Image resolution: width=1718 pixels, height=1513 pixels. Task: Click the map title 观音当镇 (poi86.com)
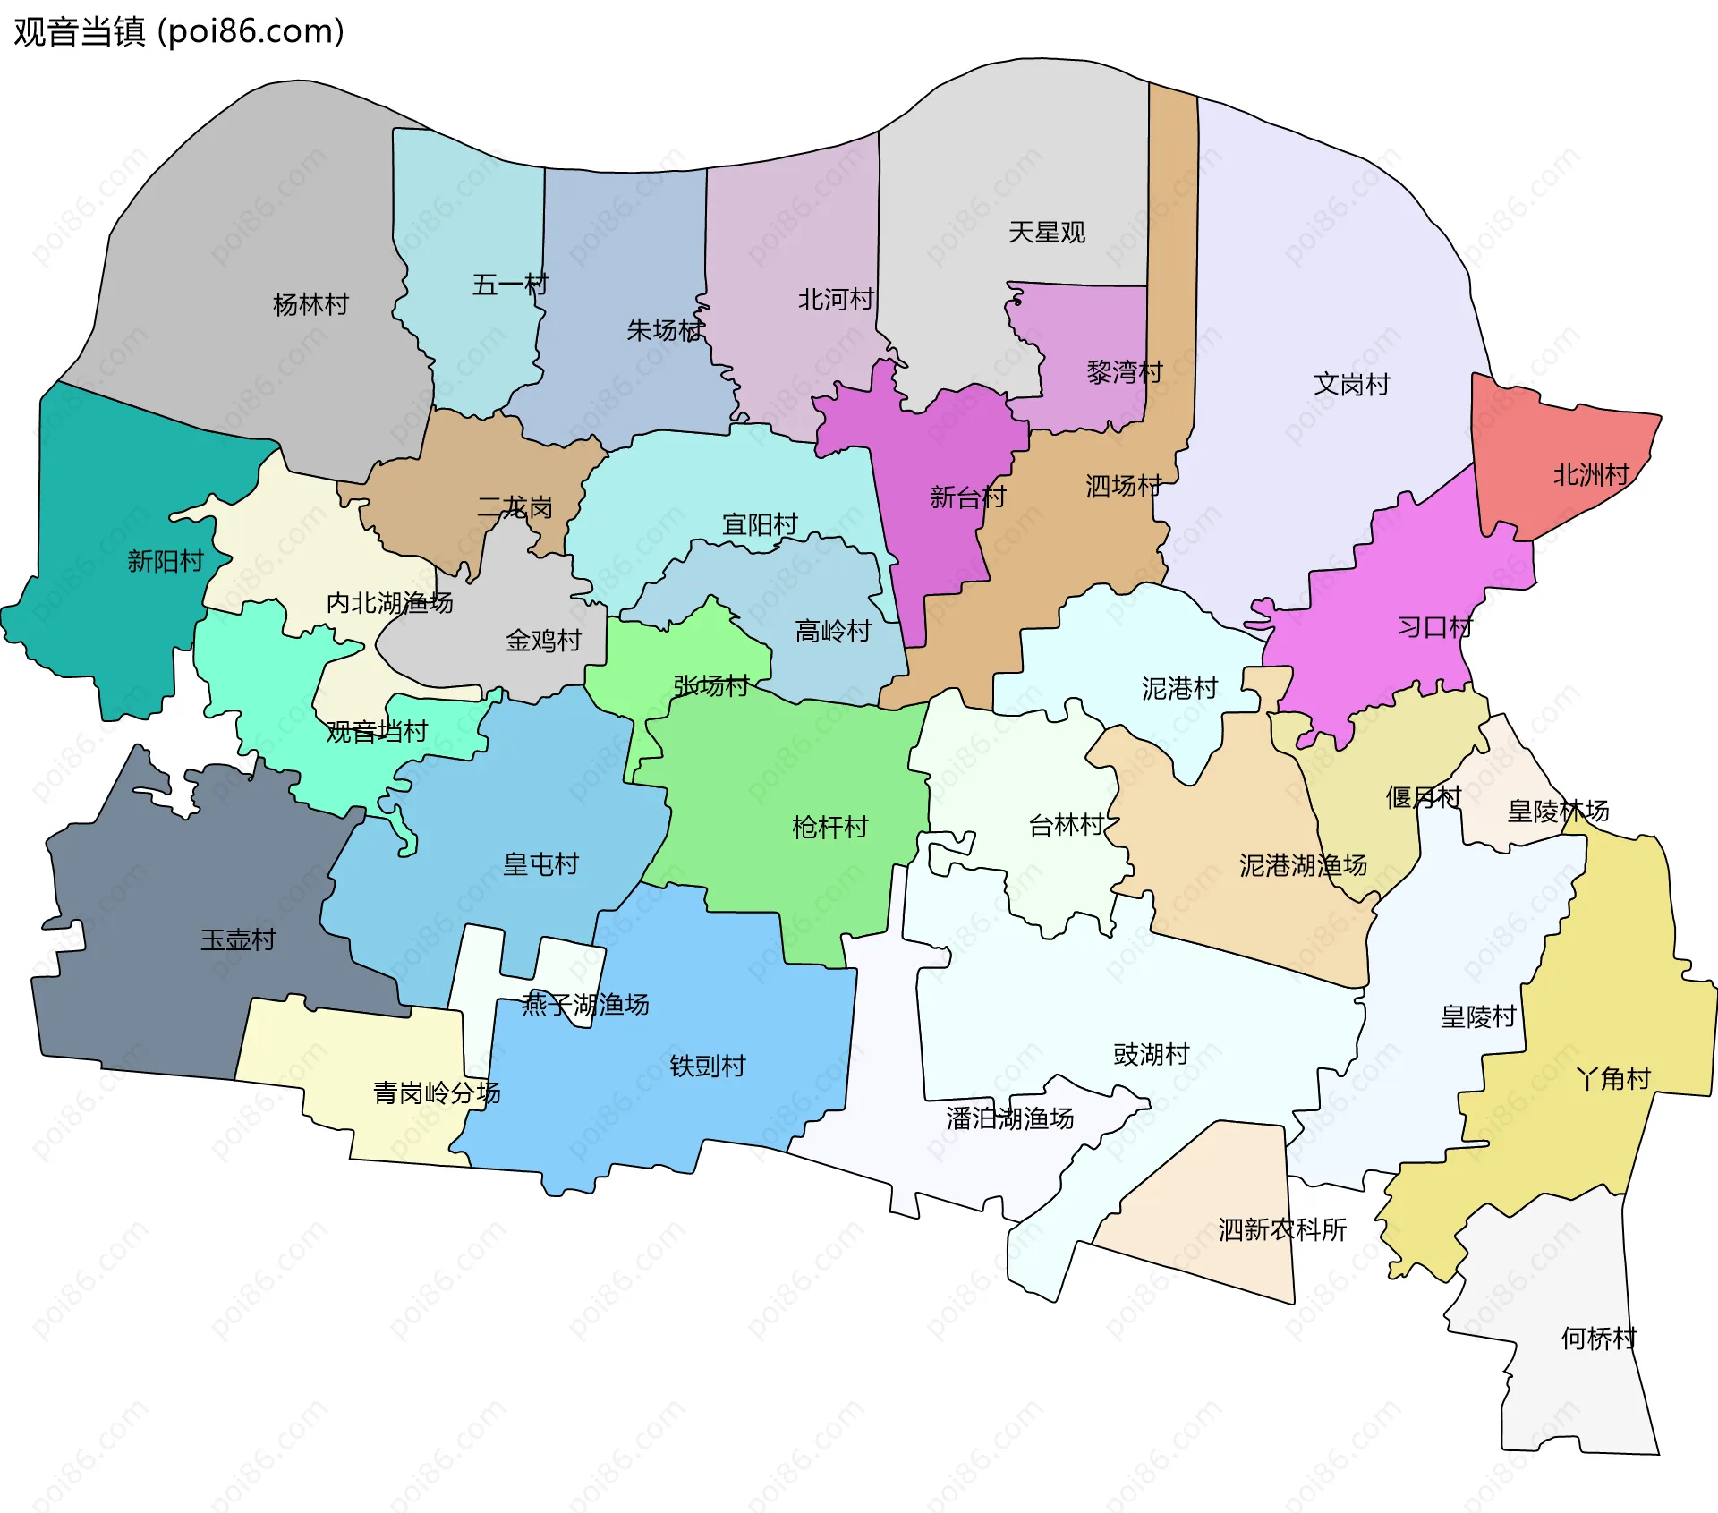click(x=179, y=31)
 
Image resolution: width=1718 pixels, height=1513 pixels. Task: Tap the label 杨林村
click(x=310, y=304)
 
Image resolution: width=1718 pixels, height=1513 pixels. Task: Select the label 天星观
click(x=1046, y=233)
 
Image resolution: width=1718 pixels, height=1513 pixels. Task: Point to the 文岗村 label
click(x=1351, y=384)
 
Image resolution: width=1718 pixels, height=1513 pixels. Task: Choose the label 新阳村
click(x=166, y=561)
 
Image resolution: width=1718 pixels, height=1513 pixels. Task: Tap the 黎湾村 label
click(x=1124, y=371)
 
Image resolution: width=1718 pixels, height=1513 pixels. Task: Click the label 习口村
click(x=1435, y=626)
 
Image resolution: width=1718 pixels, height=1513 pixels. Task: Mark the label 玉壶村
click(x=238, y=939)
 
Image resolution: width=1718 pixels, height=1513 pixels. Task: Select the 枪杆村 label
click(x=829, y=827)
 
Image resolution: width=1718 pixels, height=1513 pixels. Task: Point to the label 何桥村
click(x=1598, y=1339)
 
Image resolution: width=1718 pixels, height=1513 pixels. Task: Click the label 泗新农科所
click(x=1281, y=1229)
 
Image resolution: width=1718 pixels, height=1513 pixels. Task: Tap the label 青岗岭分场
click(x=436, y=1092)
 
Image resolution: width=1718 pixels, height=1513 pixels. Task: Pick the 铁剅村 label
click(x=707, y=1066)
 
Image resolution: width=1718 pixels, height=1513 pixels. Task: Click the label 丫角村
click(x=1612, y=1078)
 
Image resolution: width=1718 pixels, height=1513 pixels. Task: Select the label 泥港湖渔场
click(x=1302, y=865)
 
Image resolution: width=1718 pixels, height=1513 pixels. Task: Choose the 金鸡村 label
click(x=543, y=641)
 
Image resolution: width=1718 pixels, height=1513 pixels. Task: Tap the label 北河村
click(x=835, y=299)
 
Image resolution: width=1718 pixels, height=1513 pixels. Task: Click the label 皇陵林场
click(x=1557, y=812)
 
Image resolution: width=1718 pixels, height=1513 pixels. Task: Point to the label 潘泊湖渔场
click(x=1009, y=1118)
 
